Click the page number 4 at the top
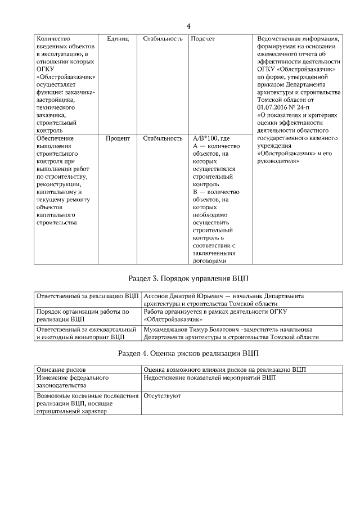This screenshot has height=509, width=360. point(188,26)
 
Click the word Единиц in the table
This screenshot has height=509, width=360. point(118,39)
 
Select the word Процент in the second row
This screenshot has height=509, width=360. point(118,137)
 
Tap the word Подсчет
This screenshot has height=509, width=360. point(202,39)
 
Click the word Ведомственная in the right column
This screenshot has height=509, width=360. point(281,39)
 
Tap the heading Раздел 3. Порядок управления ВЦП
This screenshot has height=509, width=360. point(188,278)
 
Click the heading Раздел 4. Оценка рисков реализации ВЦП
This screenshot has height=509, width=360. point(188,353)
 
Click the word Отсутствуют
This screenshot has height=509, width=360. point(162,396)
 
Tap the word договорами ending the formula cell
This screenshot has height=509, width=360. point(209,260)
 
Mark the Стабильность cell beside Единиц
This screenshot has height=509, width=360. point(163,39)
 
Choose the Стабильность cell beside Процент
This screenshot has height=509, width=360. point(163,137)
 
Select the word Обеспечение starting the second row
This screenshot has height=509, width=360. point(55,137)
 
